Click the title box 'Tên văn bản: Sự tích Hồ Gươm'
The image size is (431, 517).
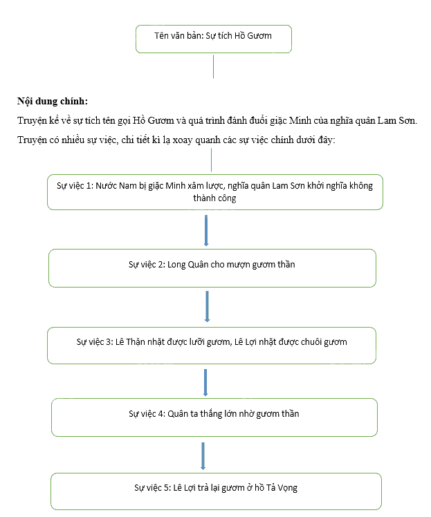coord(214,39)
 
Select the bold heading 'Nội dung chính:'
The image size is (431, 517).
coord(53,101)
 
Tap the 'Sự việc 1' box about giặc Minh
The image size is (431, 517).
coord(215,192)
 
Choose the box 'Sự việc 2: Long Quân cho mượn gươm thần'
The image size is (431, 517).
coord(212,268)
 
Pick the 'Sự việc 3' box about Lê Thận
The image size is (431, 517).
coord(212,346)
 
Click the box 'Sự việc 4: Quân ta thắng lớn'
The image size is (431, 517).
coord(214,417)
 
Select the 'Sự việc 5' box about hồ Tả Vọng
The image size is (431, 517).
coord(216,491)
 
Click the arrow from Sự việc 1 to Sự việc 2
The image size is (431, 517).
coord(206,230)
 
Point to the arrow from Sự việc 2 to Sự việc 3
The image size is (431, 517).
coord(208,306)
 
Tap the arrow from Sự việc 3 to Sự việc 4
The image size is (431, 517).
coord(205,382)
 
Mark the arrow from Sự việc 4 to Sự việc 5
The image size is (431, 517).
coord(203,456)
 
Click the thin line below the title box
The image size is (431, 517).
coord(214,66)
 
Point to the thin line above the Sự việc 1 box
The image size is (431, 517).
coord(211,160)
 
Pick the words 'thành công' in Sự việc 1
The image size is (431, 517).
coord(215,198)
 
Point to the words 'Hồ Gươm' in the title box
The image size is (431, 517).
coord(253,36)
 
